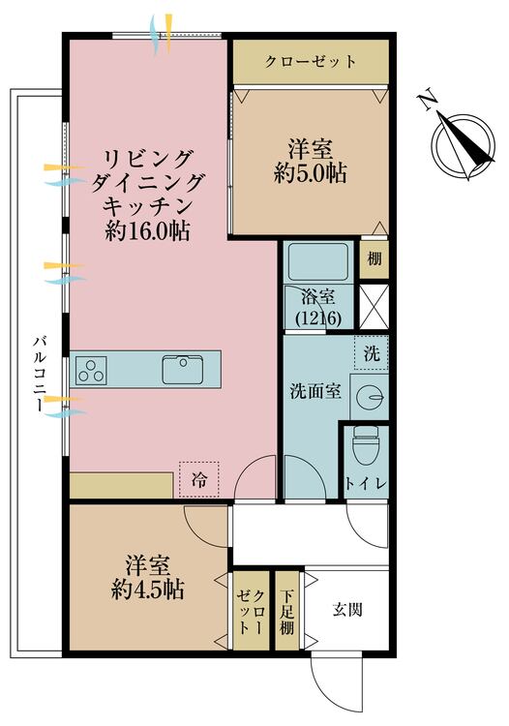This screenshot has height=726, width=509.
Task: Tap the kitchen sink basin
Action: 182,370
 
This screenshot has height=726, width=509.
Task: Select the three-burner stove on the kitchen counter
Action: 91,371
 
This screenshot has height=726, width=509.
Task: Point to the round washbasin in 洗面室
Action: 370,397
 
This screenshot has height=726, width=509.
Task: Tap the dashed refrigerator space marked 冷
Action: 199,479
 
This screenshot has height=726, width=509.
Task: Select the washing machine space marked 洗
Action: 372,352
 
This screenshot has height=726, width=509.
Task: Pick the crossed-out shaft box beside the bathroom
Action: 374,308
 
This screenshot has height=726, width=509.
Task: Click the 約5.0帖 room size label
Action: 310,173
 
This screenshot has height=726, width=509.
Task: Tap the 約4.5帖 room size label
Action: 148,590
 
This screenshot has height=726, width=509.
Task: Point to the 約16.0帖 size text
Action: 147,230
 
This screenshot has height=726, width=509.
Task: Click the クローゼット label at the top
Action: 311,62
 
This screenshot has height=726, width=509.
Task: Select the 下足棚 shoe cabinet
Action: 286,611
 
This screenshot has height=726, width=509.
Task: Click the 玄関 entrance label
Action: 347,610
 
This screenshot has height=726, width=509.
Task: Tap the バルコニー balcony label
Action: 40,374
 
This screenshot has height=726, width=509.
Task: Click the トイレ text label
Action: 366,483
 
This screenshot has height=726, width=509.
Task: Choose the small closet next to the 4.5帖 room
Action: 252,611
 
